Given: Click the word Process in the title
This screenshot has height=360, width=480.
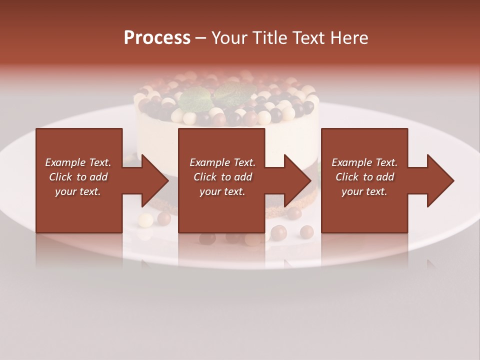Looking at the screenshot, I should pos(157,38).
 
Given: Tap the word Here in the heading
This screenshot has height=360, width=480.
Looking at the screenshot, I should pos(348,38).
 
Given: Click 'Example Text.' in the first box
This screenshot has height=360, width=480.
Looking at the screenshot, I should pos(78,162).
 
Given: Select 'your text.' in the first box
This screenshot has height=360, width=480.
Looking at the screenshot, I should pos(78,191).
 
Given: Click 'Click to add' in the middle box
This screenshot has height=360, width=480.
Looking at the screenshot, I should pos(222,177).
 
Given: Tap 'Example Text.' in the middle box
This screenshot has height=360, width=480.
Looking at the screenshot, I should pos(222,162).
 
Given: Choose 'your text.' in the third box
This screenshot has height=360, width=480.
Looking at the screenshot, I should pos(364,191).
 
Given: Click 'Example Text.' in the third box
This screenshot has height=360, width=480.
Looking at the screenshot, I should pos(364,162).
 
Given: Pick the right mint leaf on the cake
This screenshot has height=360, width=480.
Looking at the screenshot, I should pos(233,92).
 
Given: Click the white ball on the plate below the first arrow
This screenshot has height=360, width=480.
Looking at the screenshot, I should pos(145,219).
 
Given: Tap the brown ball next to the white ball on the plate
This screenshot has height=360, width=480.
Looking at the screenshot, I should pos(163,218).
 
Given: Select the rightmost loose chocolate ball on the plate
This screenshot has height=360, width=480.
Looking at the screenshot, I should pos(306,231).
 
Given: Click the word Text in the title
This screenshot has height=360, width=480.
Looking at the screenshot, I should pos(307,38).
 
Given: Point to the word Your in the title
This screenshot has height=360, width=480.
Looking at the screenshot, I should pos(227,38).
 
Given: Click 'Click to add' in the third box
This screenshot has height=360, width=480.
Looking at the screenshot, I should pos(364,177).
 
